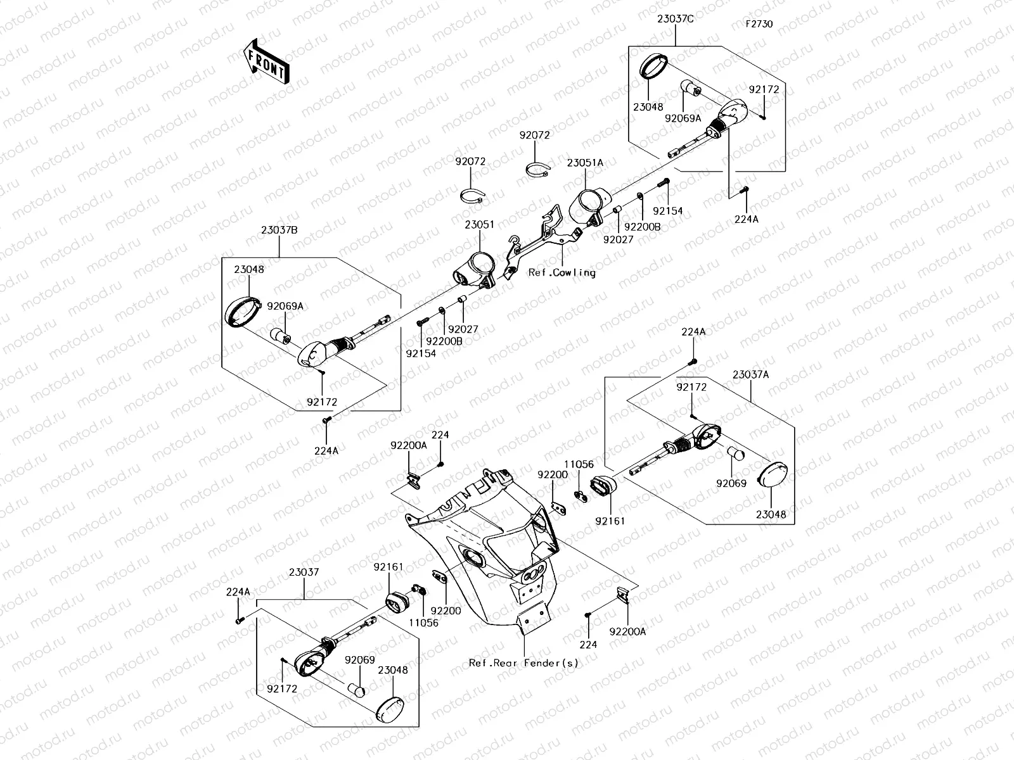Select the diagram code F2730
[x=759, y=24]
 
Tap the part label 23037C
[x=675, y=19]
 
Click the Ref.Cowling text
[x=562, y=273]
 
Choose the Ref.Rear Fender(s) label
[x=523, y=663]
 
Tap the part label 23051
[x=479, y=225]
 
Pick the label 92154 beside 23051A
[x=668, y=211]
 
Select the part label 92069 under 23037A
[x=731, y=483]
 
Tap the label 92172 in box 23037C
[x=764, y=90]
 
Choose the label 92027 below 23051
[x=463, y=329]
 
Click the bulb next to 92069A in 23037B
[x=280, y=335]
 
